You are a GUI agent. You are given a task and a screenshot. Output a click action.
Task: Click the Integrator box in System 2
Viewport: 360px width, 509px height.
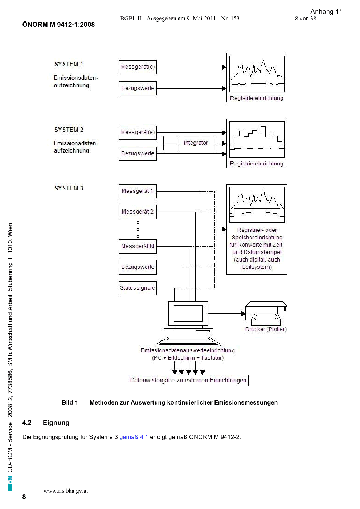click(196, 143)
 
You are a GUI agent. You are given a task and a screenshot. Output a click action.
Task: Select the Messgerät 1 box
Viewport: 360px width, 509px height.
click(138, 191)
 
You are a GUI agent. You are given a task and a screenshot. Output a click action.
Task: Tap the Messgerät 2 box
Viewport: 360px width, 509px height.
click(138, 212)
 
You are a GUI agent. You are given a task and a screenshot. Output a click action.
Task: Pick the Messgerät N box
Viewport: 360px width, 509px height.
click(138, 247)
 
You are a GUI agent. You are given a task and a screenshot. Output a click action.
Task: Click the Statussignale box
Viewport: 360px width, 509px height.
click(138, 288)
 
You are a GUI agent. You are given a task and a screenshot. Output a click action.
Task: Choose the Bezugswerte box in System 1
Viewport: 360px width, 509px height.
click(138, 88)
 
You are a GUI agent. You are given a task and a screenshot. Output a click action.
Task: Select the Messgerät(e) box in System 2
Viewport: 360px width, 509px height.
click(138, 132)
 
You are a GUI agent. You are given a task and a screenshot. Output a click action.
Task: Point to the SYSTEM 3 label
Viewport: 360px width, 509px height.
click(69, 188)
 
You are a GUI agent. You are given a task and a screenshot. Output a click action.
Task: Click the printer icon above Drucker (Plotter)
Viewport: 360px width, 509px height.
click(266, 313)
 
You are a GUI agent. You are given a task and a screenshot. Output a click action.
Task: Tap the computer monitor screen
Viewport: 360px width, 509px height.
click(188, 313)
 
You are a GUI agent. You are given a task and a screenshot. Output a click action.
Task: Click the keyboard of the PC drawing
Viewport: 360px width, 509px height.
click(188, 341)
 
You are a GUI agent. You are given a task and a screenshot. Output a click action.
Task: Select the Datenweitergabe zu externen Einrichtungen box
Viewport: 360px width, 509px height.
click(188, 380)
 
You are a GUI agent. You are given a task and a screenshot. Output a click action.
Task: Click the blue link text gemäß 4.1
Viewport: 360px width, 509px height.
click(134, 437)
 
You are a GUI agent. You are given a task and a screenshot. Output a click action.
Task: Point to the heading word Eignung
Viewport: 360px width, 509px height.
click(56, 423)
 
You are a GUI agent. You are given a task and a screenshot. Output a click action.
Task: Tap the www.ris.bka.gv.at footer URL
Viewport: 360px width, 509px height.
click(66, 491)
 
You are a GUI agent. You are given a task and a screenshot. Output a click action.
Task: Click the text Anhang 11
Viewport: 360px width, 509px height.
click(326, 12)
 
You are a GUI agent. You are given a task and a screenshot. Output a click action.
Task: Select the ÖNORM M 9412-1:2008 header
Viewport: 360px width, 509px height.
click(58, 25)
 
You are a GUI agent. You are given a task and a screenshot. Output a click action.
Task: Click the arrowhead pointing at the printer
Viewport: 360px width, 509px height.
click(243, 313)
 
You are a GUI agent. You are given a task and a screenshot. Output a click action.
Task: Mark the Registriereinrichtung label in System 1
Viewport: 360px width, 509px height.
click(257, 98)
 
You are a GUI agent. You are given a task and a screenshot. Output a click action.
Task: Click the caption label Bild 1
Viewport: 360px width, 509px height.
click(70, 402)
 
